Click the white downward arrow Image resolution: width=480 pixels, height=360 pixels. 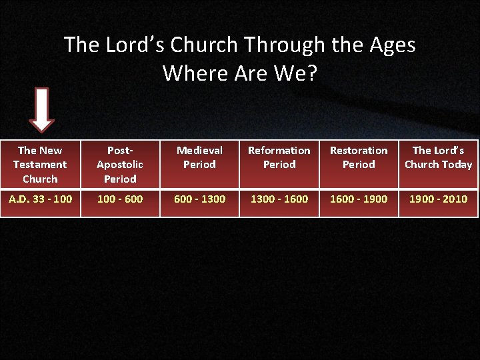click(42, 109)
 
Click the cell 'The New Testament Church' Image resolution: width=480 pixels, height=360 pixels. click(40, 165)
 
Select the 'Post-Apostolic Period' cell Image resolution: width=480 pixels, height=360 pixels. click(120, 165)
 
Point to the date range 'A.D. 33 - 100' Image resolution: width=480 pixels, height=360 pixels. click(40, 199)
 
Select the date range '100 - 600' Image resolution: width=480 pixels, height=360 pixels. click(120, 199)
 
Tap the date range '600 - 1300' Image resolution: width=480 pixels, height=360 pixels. click(199, 199)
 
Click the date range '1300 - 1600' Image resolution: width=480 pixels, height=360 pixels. click(279, 199)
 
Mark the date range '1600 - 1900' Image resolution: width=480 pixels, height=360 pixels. click(359, 199)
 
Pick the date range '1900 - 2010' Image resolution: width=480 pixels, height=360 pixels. click(438, 199)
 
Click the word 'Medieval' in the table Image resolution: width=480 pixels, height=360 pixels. click(199, 151)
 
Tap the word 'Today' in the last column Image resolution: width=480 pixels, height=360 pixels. click(456, 165)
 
